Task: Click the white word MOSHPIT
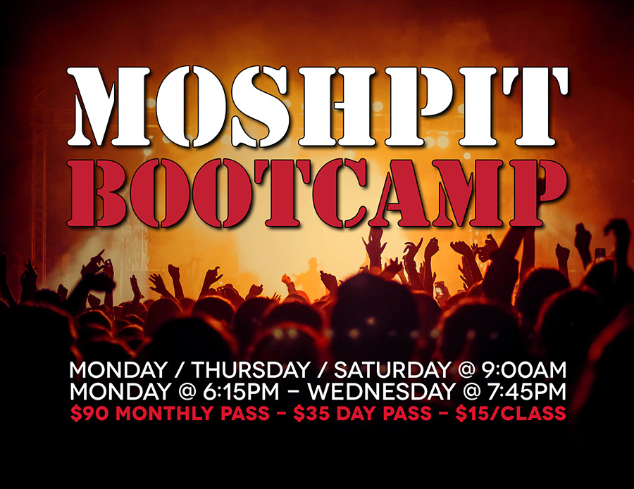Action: pos(318,106)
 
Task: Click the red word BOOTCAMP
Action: pos(316,193)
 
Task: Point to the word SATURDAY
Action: pos(392,370)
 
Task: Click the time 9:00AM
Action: pos(523,370)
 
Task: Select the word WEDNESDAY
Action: pos(381,391)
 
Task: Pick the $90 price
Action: pos(89,413)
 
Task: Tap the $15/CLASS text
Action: pos(511,413)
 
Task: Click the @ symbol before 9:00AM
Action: pos(466,370)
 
